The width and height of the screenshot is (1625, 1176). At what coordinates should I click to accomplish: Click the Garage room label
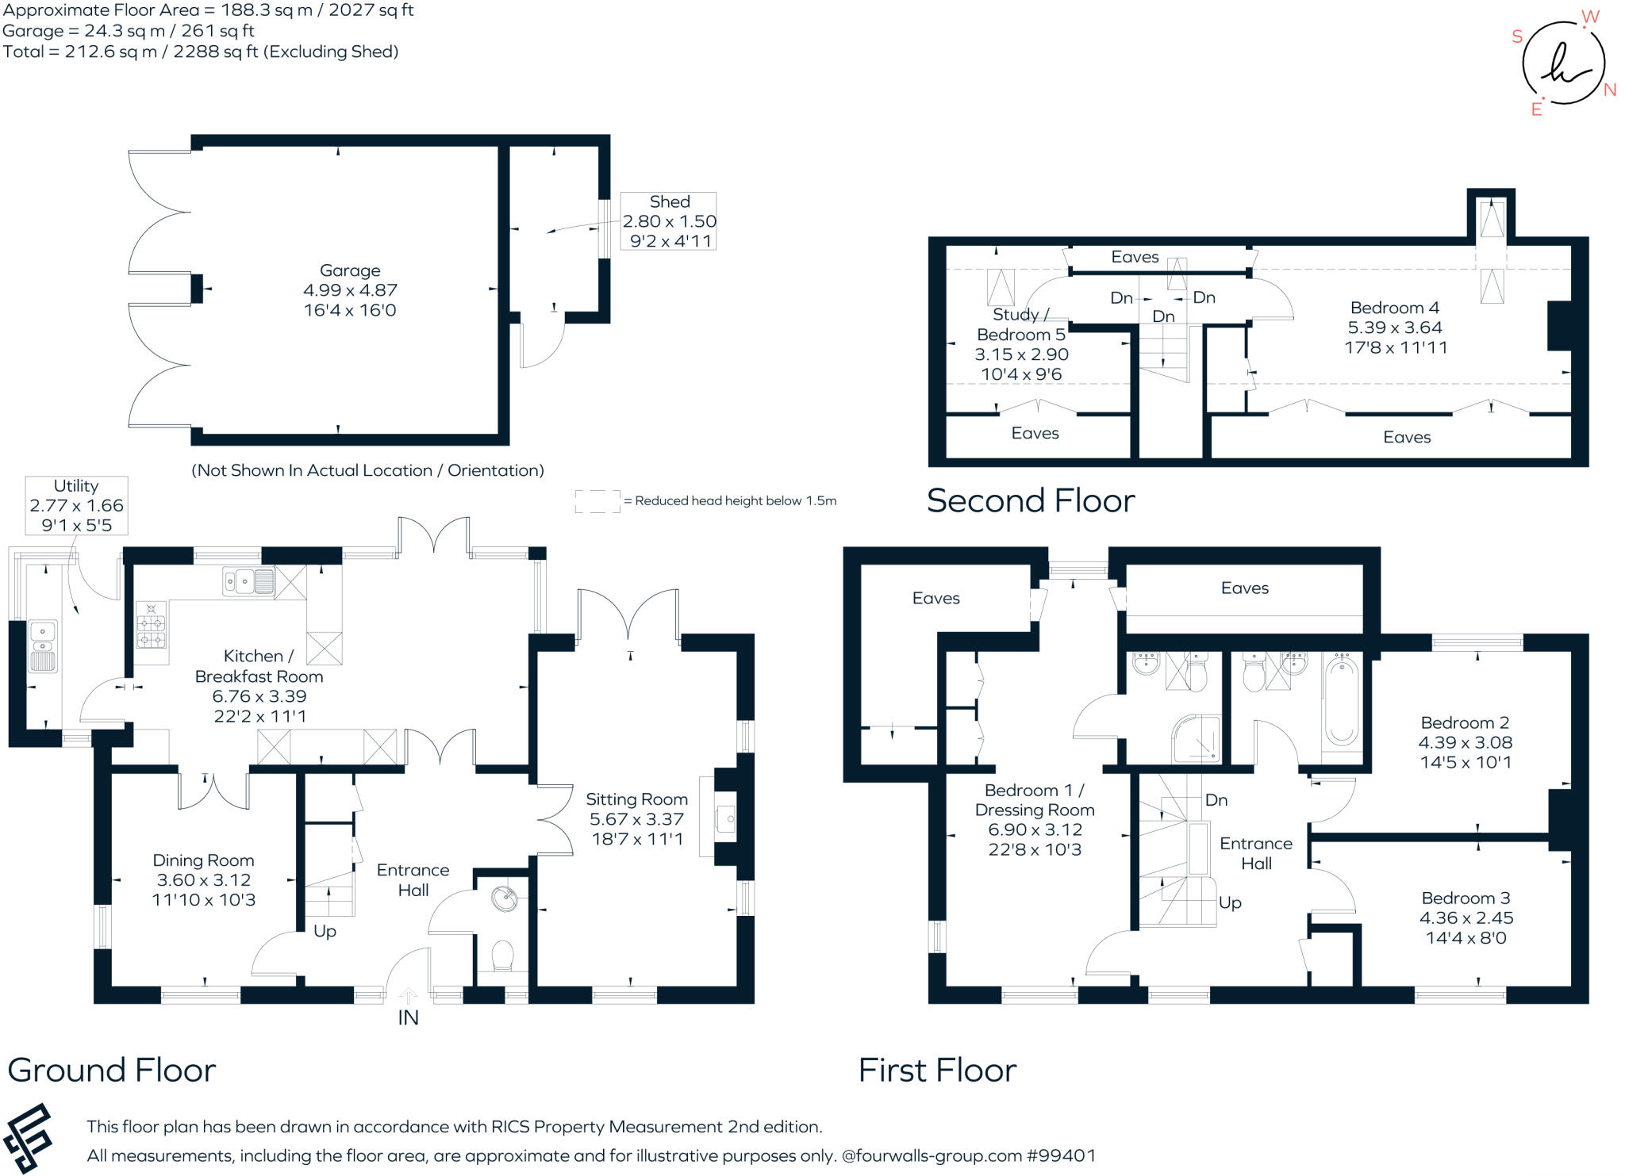coord(350,290)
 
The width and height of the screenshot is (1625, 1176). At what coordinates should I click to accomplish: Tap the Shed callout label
coord(669,221)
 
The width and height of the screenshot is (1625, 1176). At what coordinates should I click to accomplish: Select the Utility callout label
coord(76,505)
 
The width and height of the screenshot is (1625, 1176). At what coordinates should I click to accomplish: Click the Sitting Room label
coord(637,819)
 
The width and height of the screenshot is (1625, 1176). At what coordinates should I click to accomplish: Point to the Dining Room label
coord(204,879)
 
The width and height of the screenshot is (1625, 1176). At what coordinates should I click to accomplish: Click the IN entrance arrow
coord(408,996)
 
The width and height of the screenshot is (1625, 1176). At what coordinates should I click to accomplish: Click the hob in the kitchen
coord(151,624)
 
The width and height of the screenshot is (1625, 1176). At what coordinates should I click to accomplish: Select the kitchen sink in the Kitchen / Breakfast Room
coord(249,581)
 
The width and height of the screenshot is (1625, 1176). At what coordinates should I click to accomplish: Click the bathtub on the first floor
coord(1341,702)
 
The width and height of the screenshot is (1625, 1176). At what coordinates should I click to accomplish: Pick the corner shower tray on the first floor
coord(1197,739)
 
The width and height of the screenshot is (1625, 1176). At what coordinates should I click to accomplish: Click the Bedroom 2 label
coord(1465,742)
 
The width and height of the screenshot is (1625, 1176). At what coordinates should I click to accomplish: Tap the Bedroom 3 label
coord(1466,917)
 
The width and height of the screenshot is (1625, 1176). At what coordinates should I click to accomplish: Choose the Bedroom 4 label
coord(1396,328)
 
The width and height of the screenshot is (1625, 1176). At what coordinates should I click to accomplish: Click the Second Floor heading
coord(1031,501)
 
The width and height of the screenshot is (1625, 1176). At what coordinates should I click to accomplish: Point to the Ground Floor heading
coord(112,1071)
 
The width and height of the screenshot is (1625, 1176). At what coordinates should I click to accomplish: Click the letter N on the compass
coord(1610,90)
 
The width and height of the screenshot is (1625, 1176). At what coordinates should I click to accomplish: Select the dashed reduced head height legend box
coord(597,501)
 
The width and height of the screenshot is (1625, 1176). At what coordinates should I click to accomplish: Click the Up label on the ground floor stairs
coord(325,931)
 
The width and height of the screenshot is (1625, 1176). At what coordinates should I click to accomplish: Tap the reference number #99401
coord(1062,1155)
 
